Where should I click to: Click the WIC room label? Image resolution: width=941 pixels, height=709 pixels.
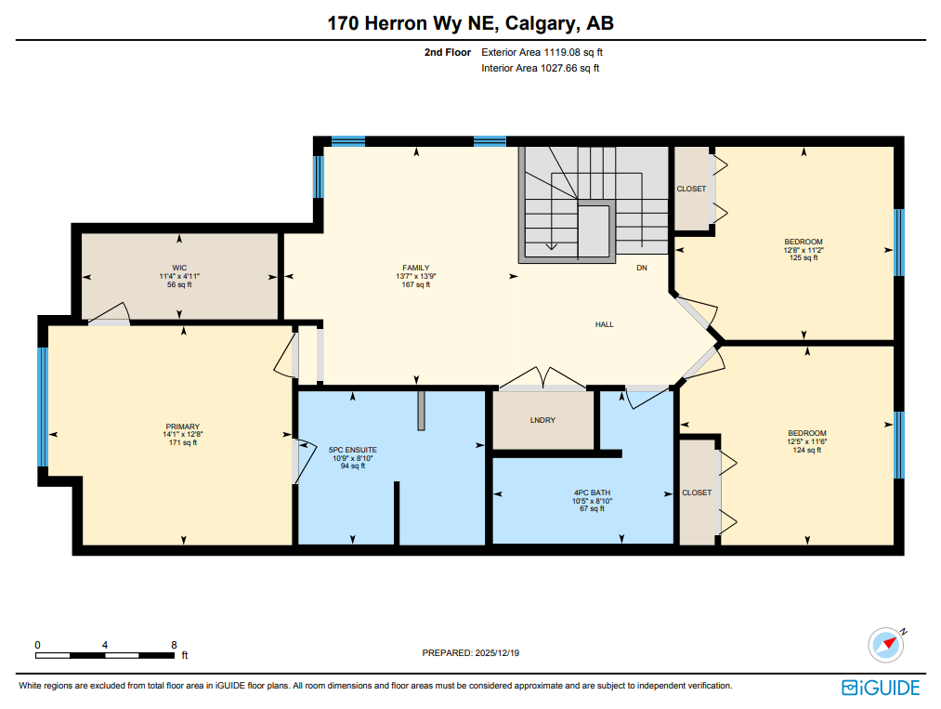(x=179, y=268)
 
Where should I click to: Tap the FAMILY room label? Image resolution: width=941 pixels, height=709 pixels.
(x=415, y=268)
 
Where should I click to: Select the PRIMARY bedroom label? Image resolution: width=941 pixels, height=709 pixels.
(x=181, y=427)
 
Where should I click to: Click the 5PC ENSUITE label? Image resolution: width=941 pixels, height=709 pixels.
(x=353, y=450)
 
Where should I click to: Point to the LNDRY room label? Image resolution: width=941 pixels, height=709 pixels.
(x=542, y=420)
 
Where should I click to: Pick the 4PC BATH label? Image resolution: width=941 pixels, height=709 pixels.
(x=592, y=492)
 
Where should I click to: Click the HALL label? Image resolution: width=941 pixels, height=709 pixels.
(x=605, y=324)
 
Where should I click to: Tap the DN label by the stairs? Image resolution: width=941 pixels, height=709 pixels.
(x=641, y=268)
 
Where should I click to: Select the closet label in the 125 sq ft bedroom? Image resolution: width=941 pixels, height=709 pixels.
(x=691, y=189)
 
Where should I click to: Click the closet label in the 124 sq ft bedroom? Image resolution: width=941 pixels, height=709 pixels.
(x=697, y=492)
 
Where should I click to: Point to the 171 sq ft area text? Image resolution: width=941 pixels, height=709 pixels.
(x=181, y=443)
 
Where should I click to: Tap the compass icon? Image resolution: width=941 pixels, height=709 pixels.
(x=886, y=643)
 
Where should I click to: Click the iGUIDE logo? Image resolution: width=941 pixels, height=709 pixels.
(x=881, y=688)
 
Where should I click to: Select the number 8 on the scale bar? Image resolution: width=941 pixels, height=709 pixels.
(x=174, y=644)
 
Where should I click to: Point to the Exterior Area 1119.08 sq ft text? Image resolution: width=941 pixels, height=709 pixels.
(x=548, y=53)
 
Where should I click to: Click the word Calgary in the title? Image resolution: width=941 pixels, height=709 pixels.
(x=540, y=24)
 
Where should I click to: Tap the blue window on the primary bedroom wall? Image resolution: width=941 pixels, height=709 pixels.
(x=42, y=406)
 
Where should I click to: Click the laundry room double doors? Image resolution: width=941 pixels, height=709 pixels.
(x=542, y=380)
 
